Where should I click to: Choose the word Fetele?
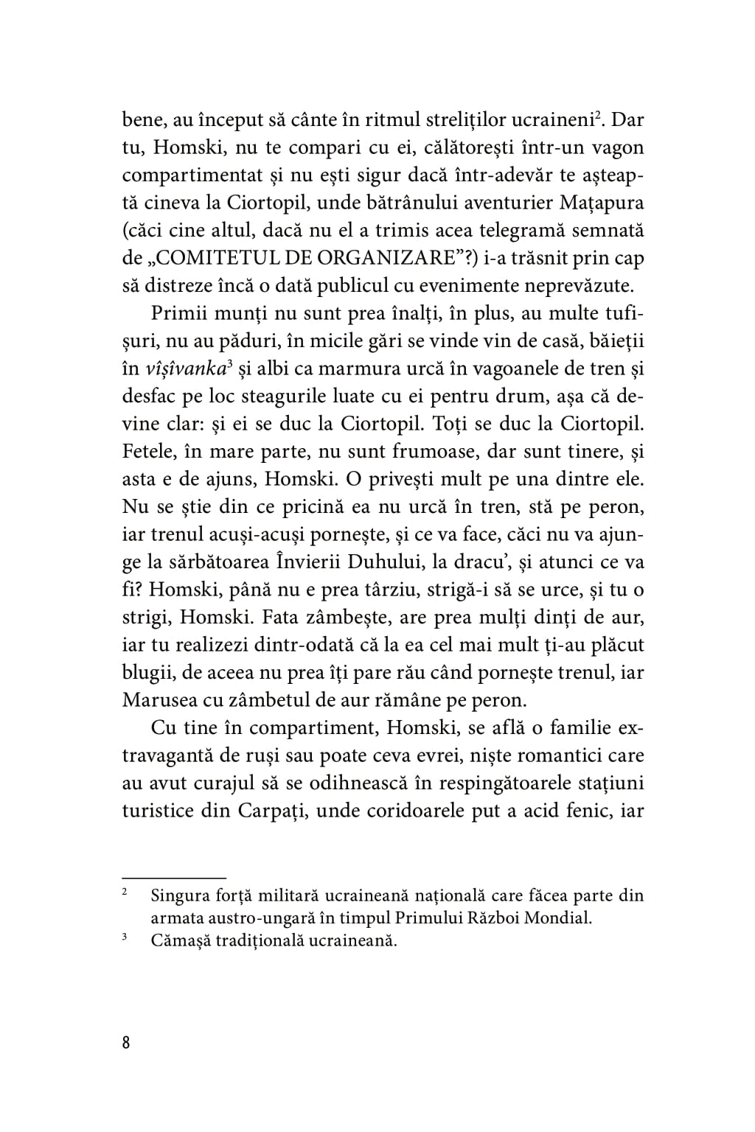151,452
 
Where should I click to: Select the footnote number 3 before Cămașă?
125,938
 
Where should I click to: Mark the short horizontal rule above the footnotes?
173,878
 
